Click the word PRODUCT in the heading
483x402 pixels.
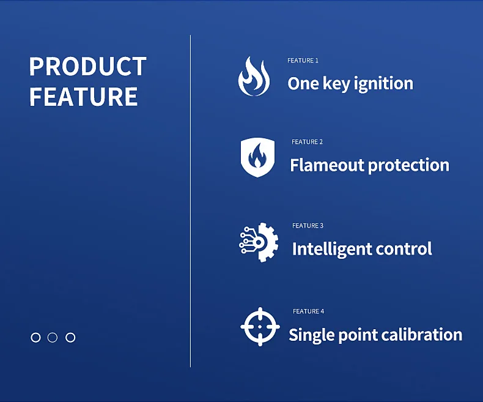87,67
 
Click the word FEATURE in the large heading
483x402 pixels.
83,97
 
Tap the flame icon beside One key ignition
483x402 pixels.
253,76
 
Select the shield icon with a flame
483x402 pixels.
256,157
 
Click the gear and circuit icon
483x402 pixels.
259,242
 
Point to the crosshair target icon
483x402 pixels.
260,327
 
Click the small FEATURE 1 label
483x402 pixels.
303,61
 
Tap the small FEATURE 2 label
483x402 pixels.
307,142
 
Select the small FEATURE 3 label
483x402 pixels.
308,226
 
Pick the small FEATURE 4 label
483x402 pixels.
308,311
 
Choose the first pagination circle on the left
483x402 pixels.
35,337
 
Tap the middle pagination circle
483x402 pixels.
53,337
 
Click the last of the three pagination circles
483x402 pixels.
70,337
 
